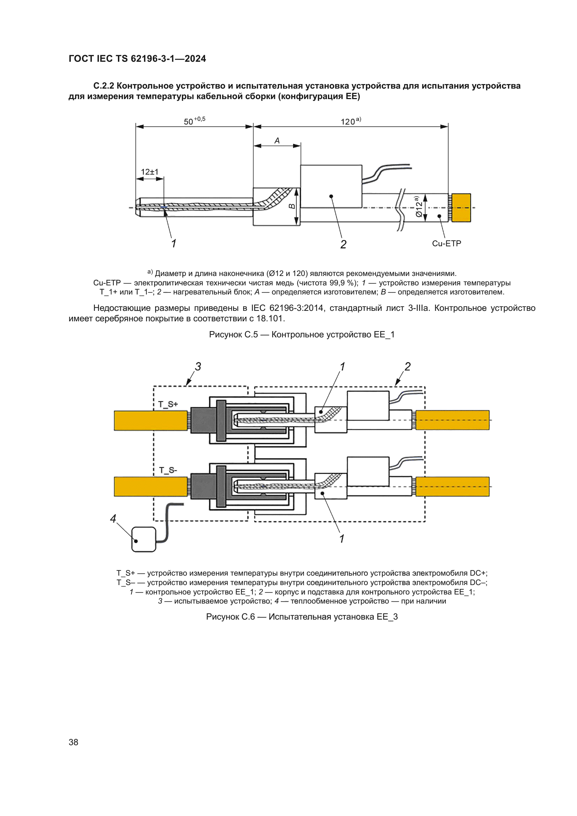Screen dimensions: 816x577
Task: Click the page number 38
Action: [x=73, y=742]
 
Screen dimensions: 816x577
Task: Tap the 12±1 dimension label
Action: [x=150, y=172]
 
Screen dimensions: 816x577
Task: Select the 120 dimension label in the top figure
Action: [x=348, y=121]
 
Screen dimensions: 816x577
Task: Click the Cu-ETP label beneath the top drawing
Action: [x=446, y=244]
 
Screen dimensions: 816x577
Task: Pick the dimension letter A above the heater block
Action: [x=277, y=141]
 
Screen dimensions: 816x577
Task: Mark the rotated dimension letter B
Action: [x=292, y=206]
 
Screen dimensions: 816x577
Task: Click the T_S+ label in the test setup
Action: [x=168, y=404]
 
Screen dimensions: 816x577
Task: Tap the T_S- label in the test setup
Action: [x=168, y=470]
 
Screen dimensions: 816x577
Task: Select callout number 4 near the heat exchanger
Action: [x=113, y=519]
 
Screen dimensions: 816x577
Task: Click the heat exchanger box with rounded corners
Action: [x=143, y=539]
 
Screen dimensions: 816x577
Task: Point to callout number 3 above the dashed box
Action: [x=198, y=366]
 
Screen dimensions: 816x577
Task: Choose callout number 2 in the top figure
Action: [x=343, y=244]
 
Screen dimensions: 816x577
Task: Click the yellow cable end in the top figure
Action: [x=461, y=208]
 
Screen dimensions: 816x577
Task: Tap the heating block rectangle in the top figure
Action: [x=331, y=186]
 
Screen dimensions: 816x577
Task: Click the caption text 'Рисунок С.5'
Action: [x=233, y=335]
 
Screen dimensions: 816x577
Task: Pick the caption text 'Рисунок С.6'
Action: [x=230, y=616]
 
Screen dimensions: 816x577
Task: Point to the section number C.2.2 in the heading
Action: [x=104, y=86]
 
